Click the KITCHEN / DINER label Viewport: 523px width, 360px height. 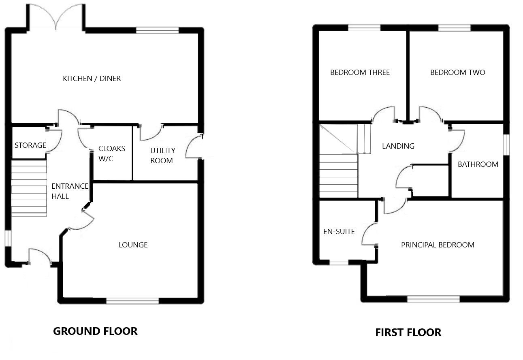pos(92,79)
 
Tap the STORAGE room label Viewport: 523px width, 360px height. pos(30,145)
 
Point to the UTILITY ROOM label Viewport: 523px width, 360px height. pos(162,156)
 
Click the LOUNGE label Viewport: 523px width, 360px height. pos(133,245)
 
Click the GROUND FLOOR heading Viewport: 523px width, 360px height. pos(95,331)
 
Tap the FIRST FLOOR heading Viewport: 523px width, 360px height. pos(408,333)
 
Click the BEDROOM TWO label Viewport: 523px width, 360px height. pos(457,72)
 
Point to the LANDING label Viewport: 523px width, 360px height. pos(398,146)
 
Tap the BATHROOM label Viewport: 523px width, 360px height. pos(478,164)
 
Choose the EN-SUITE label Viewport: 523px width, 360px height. pos(339,232)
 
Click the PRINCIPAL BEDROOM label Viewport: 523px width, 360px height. pos(438,245)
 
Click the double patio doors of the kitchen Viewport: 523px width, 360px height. pos(56,16)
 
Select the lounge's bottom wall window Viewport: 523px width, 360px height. pos(132,300)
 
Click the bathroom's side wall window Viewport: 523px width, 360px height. pos(506,144)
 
